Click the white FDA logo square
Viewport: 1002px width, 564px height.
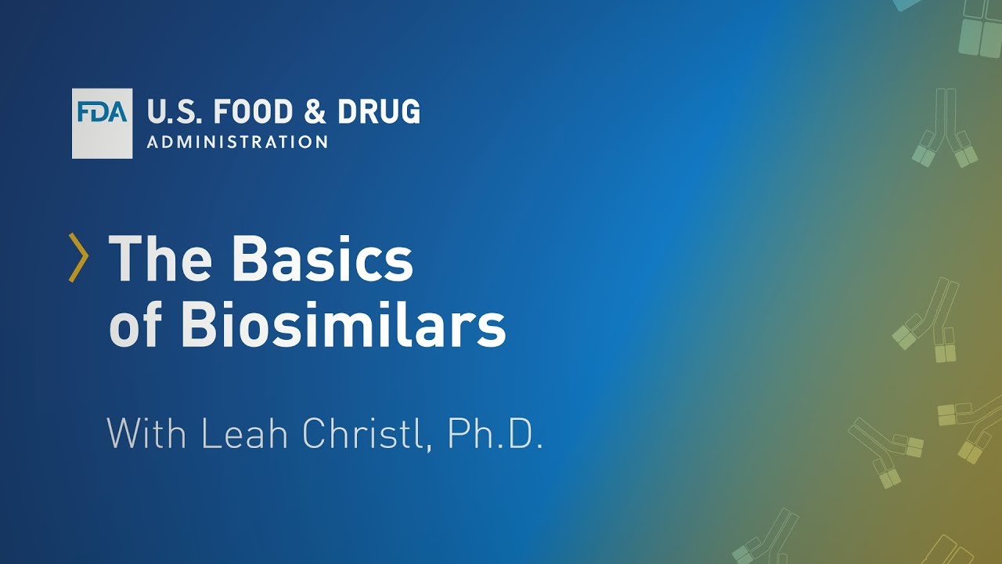(x=103, y=124)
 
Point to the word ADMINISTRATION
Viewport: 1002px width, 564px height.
(x=237, y=143)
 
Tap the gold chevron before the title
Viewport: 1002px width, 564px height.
(x=77, y=257)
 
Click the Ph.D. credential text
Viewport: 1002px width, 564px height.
(x=495, y=433)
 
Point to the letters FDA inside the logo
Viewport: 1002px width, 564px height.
(x=103, y=112)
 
